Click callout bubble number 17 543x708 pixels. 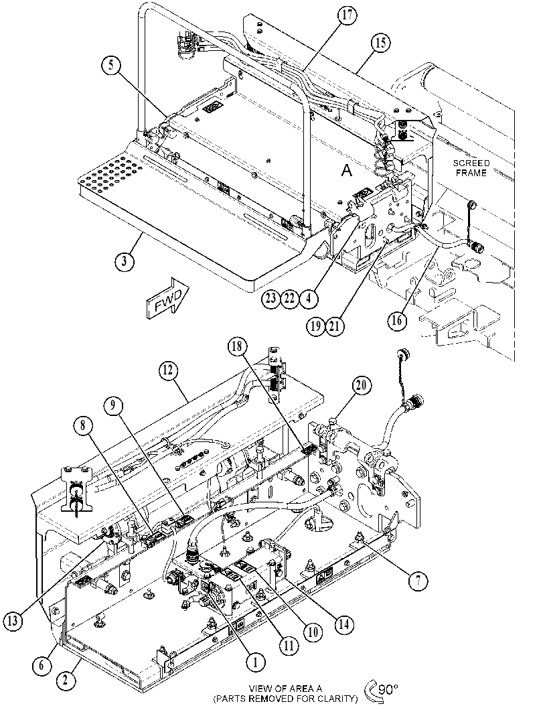(347, 16)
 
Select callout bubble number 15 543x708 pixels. (380, 44)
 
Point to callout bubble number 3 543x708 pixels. (125, 261)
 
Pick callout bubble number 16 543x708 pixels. (397, 321)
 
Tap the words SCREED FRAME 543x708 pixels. (471, 167)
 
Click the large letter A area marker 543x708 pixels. (346, 170)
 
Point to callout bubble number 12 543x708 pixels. (168, 372)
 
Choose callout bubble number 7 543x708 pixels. (418, 582)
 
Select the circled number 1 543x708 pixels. (256, 663)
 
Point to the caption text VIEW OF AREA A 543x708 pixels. (286, 689)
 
